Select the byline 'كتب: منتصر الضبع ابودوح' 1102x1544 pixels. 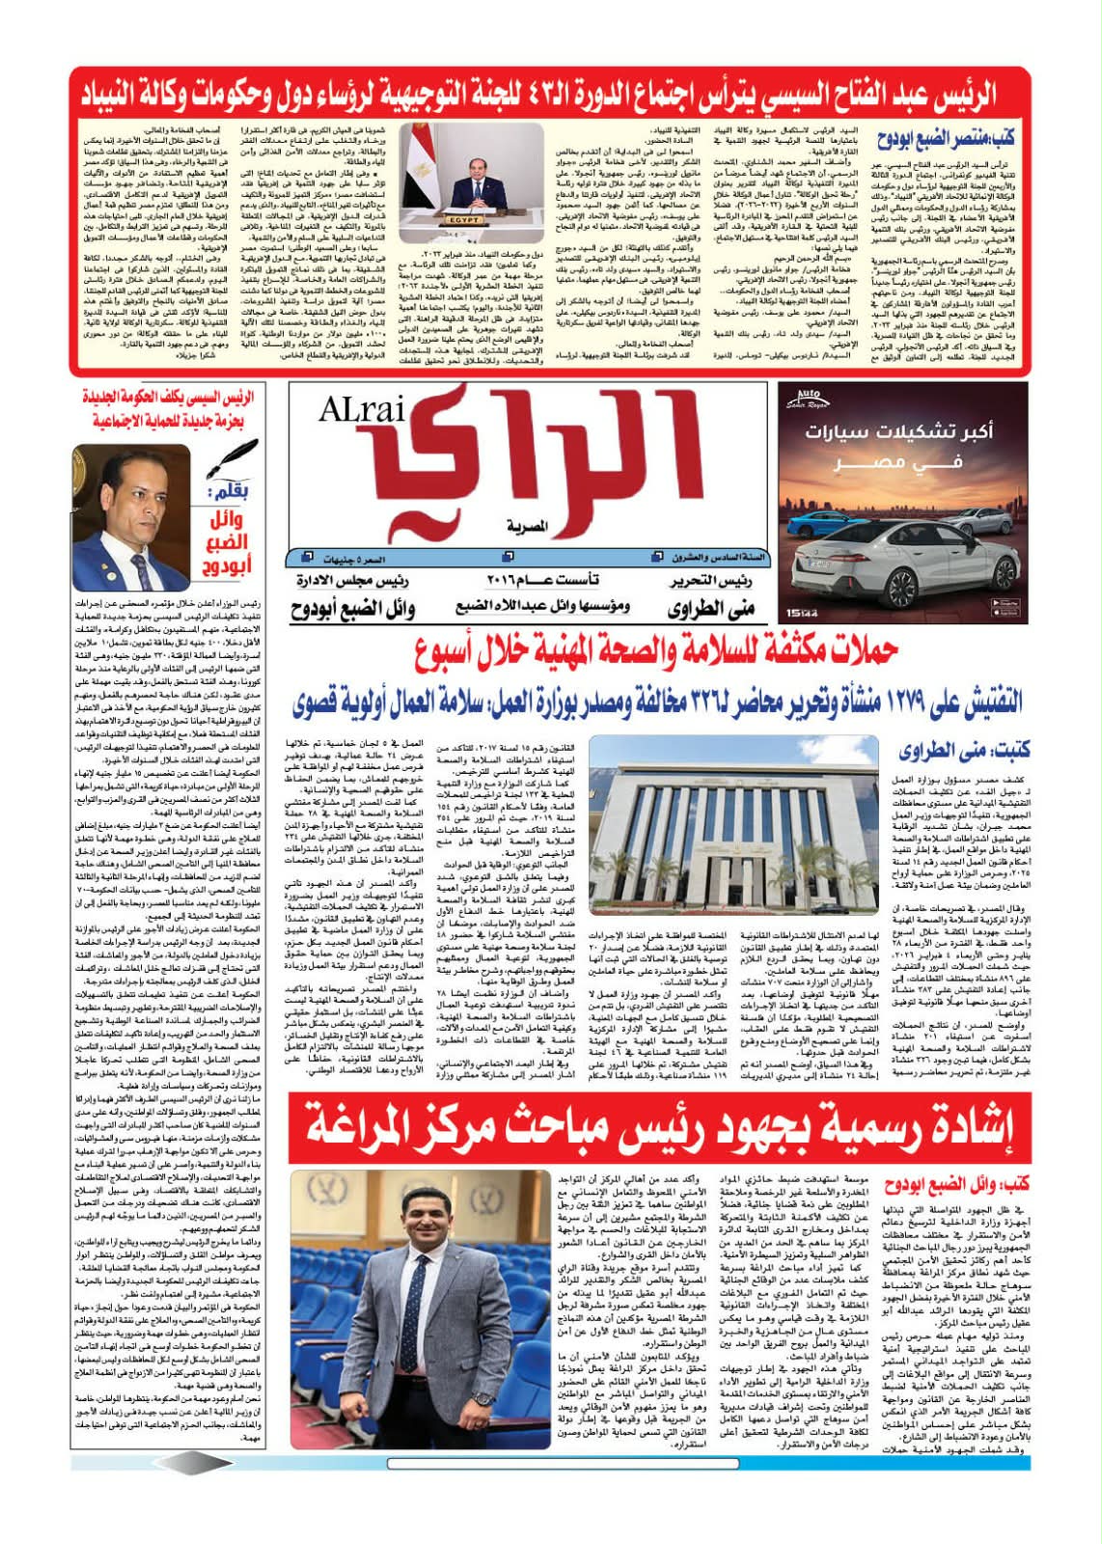950,138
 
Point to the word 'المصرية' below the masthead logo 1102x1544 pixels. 527,528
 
